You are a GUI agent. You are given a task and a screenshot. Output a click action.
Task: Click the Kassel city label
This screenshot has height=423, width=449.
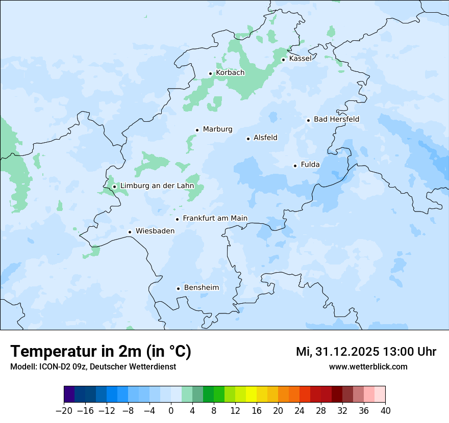click(300, 59)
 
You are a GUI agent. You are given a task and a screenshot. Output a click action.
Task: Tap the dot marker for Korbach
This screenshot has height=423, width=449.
click(210, 73)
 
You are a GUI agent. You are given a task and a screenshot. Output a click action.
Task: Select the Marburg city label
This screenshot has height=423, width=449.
click(217, 129)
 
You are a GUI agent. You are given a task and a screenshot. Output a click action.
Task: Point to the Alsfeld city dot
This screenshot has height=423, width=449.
click(248, 139)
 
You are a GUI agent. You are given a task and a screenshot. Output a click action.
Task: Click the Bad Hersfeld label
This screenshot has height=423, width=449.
click(336, 119)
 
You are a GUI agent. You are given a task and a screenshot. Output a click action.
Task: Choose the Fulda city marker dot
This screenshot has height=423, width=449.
click(295, 166)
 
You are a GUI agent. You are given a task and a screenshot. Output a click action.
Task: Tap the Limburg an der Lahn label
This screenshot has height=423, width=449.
click(157, 186)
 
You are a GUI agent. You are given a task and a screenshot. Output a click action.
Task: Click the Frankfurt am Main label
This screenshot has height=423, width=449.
click(215, 218)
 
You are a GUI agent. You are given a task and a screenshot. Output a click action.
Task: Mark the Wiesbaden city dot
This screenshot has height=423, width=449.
click(130, 232)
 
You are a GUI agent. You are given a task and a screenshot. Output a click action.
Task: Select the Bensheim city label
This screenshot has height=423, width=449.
click(201, 287)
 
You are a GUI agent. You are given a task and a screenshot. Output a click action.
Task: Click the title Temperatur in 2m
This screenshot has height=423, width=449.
click(101, 352)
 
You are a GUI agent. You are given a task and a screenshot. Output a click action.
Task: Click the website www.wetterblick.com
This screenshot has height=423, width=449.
click(368, 366)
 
